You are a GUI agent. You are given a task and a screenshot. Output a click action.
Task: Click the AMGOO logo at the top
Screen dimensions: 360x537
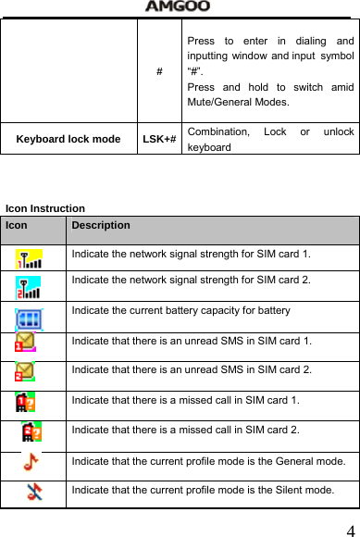178,6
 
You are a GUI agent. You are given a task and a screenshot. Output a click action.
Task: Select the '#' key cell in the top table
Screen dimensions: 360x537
160,71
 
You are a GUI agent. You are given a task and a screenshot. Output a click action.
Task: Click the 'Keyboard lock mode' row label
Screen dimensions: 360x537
68,139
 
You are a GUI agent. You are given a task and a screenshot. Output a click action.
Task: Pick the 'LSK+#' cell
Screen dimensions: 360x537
160,139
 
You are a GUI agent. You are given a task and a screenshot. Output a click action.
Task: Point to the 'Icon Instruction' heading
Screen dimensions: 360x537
45,209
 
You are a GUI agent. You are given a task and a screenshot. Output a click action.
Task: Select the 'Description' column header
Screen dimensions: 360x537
101,225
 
